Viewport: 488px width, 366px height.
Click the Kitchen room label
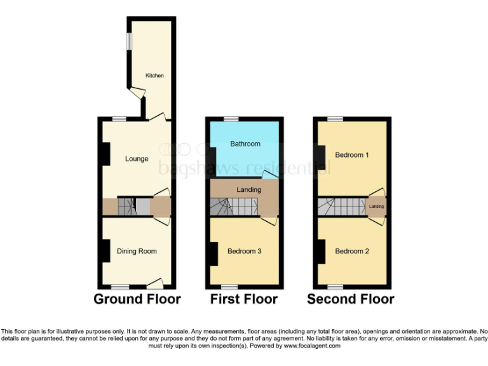tap(154, 76)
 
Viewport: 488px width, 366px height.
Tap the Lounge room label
tap(137, 159)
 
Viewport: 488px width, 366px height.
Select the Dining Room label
tap(137, 251)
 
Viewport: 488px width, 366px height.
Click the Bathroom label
tap(245, 144)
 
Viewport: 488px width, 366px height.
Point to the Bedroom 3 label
tap(245, 251)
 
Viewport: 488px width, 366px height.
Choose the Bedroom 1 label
tap(353, 155)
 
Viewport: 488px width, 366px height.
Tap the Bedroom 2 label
tap(353, 251)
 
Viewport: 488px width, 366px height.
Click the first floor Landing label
tap(248, 190)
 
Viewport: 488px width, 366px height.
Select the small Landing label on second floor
tap(377, 207)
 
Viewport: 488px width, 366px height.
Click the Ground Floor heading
tap(137, 299)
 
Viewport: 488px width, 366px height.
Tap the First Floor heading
tap(244, 299)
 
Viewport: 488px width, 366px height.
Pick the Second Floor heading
tap(351, 299)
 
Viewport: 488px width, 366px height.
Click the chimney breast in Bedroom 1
tap(321, 158)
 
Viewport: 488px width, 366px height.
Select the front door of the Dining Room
tap(155, 283)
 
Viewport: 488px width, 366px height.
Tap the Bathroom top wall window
tap(231, 119)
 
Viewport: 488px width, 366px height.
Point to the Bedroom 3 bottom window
tap(229, 287)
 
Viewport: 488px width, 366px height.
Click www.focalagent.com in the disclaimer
tap(313, 346)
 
